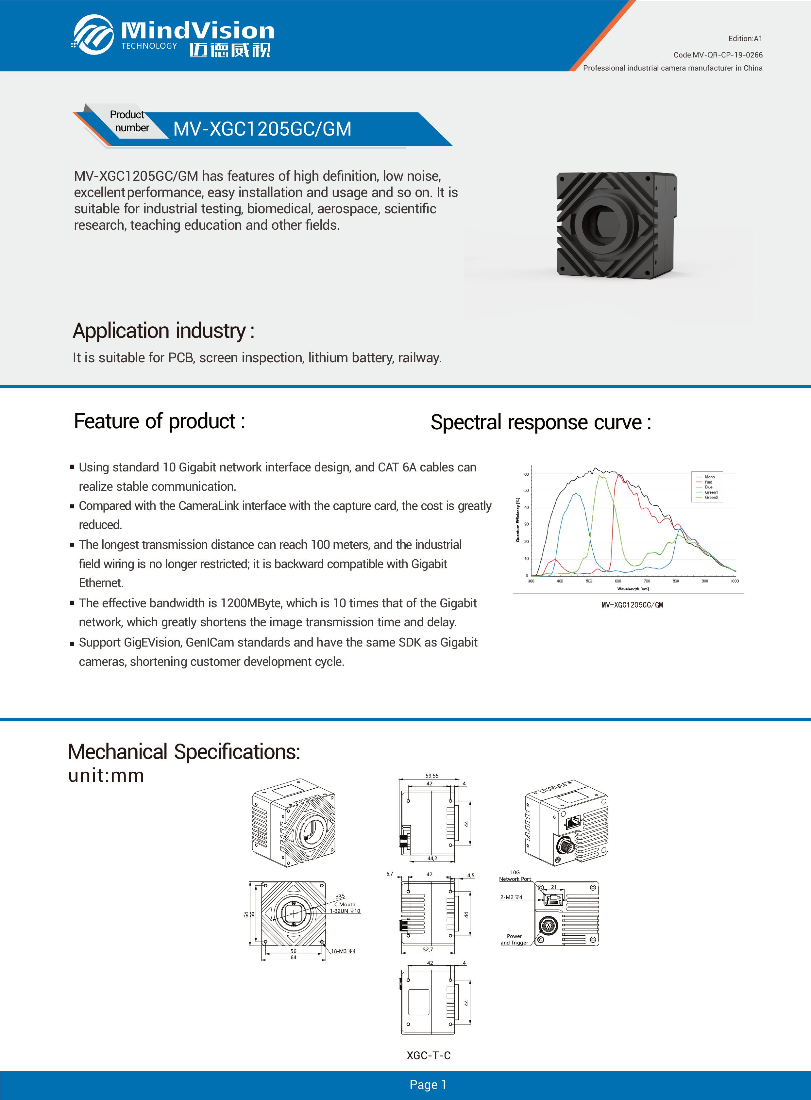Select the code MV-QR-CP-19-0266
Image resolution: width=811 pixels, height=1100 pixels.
[718, 55]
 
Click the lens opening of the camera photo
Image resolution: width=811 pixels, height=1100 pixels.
[603, 224]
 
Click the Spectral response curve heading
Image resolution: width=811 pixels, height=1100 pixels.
[540, 422]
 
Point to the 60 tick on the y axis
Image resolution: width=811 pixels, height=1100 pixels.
[526, 474]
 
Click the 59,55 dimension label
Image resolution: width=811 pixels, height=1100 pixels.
[432, 776]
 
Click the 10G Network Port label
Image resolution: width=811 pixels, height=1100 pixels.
[515, 876]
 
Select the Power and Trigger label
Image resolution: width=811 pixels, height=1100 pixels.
[514, 939]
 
